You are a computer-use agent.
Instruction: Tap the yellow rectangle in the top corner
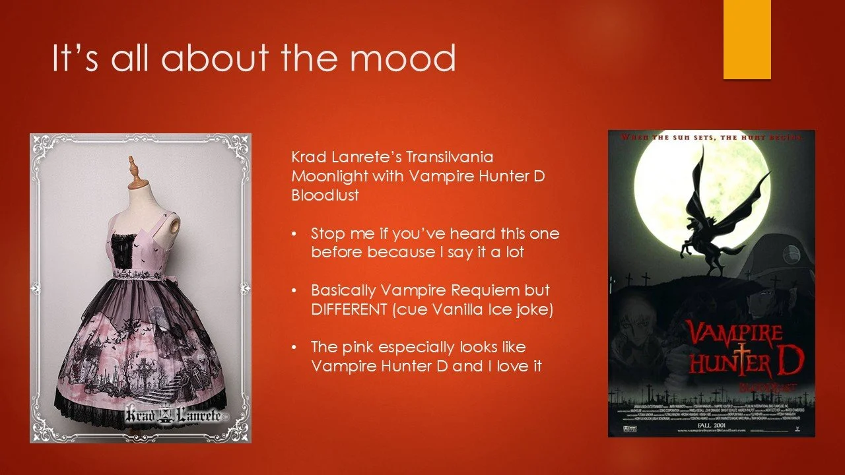(747, 39)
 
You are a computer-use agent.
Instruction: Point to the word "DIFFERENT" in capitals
(348, 309)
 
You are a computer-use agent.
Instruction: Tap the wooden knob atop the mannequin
(133, 165)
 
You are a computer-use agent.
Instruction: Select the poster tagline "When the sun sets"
(673, 138)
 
